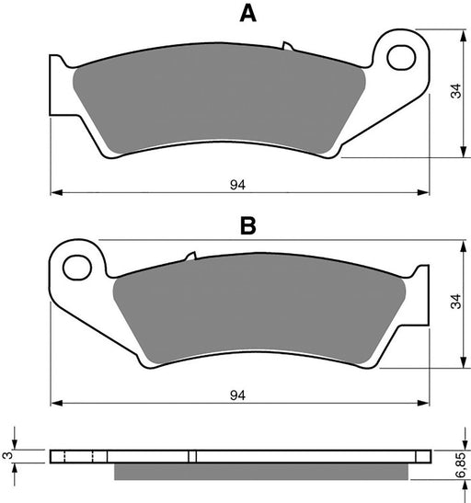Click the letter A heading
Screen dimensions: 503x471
[246, 13]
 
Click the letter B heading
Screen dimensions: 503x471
[247, 225]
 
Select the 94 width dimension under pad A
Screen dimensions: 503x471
[237, 183]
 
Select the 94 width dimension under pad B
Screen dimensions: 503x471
[237, 394]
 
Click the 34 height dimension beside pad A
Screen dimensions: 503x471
[454, 92]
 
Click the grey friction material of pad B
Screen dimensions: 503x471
[258, 313]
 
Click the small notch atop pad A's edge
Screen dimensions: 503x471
[287, 44]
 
